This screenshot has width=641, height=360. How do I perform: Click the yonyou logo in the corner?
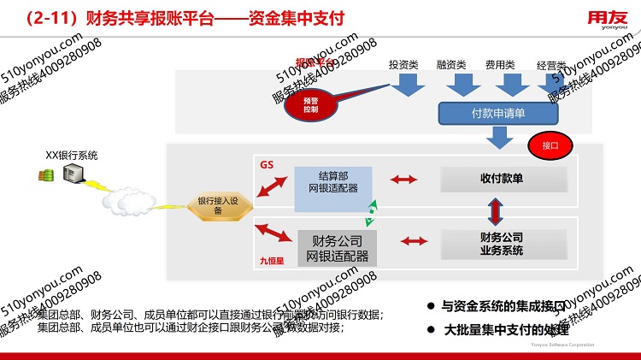(609, 19)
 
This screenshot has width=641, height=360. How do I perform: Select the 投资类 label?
(403, 64)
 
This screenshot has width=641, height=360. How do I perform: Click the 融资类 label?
(450, 64)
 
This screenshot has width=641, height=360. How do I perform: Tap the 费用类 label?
(499, 64)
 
